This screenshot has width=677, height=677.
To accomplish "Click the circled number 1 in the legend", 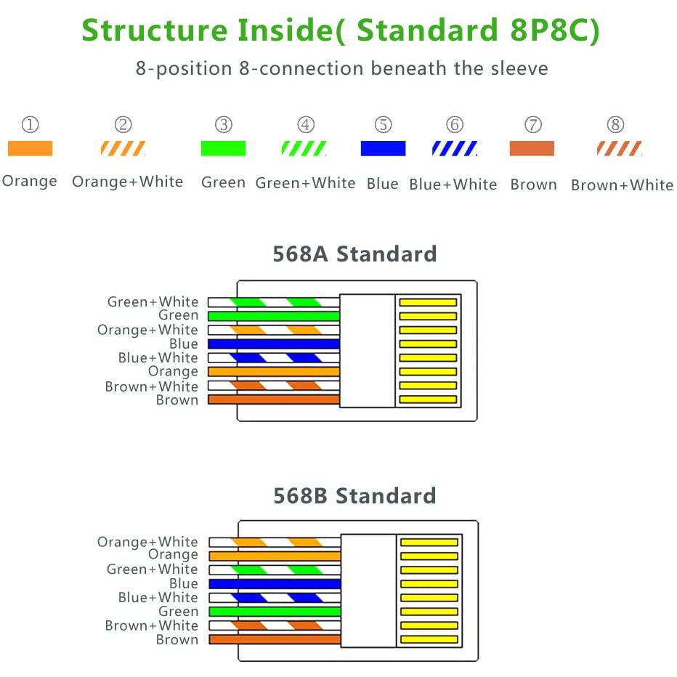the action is coord(31,124).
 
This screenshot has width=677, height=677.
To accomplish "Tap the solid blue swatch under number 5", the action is coord(383,148).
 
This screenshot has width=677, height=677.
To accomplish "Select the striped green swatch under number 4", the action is coord(304,148).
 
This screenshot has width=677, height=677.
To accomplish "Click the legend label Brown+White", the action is coord(622,185).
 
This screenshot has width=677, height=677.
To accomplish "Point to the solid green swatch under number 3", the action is coord(223,148).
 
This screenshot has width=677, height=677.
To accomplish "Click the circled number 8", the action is coord(615,124).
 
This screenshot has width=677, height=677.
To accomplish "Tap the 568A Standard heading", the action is coord(354,254).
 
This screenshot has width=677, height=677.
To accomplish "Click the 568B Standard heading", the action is coord(354,495).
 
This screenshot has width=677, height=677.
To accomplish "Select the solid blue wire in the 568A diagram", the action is coord(274,344).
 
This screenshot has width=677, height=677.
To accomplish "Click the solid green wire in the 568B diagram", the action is coord(275,612).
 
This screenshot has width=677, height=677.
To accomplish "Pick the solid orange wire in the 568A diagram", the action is coord(274,371).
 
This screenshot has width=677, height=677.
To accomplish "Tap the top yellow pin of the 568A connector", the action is coord(428,302).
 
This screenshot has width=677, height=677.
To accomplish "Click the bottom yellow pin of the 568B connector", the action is coord(429,639).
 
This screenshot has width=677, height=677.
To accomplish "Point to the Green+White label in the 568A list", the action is coord(153,301).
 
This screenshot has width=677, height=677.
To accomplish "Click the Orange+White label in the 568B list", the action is coord(147,541).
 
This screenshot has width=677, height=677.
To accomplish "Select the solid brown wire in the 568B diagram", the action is coord(275,639).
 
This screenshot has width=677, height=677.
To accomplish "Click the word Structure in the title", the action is coord(154,30).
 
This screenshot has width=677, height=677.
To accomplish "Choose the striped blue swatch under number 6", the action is coord(455,148).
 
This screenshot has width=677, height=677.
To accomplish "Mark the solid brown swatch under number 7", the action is coord(532,148).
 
